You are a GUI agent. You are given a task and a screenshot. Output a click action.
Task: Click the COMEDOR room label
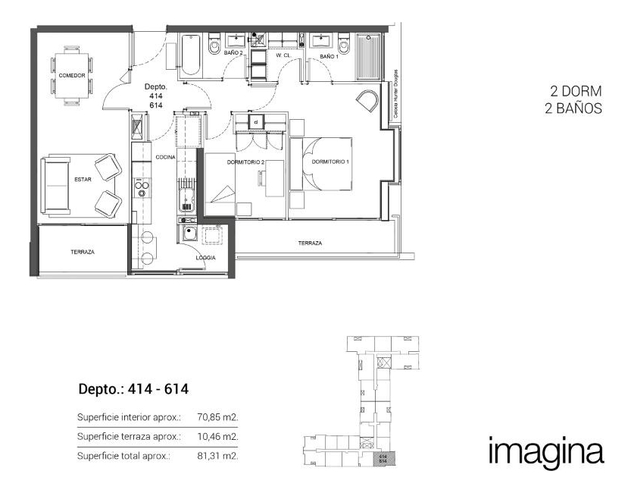coord(71,76)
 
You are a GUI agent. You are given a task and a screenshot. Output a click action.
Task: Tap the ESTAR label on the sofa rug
coord(83,180)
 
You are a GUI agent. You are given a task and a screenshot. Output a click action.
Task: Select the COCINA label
coord(166,157)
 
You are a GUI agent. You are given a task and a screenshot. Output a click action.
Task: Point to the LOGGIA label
coord(205,258)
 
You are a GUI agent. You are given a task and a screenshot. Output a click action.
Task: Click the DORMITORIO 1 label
coord(329,162)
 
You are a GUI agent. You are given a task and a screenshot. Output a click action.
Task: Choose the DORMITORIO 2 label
coord(245,162)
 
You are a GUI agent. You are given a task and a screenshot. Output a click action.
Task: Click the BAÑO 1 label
coord(329,56)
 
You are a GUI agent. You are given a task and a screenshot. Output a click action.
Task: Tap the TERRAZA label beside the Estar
coord(82,252)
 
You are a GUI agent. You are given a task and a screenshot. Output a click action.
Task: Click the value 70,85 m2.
coord(219,417)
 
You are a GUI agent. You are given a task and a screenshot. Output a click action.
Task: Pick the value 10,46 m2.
coord(219,437)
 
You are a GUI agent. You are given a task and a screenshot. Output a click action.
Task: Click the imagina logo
coord(546,451)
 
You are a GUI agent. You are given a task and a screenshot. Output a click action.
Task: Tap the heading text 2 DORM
coord(576,91)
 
